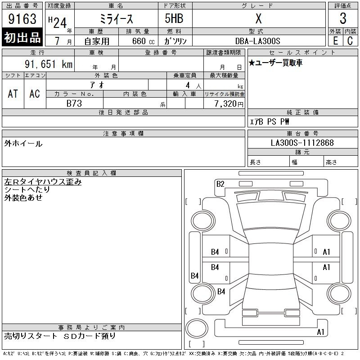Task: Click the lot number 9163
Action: [x=22, y=18]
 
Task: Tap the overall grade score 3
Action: [x=343, y=18]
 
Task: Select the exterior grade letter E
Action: [x=335, y=41]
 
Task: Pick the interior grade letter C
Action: [x=350, y=41]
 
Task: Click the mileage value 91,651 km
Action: [x=49, y=64]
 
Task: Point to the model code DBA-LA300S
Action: [x=258, y=41]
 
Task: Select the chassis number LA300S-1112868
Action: [x=302, y=143]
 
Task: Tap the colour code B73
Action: [x=74, y=103]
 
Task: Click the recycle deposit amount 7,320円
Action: [x=229, y=104]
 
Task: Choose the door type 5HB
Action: [x=174, y=18]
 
